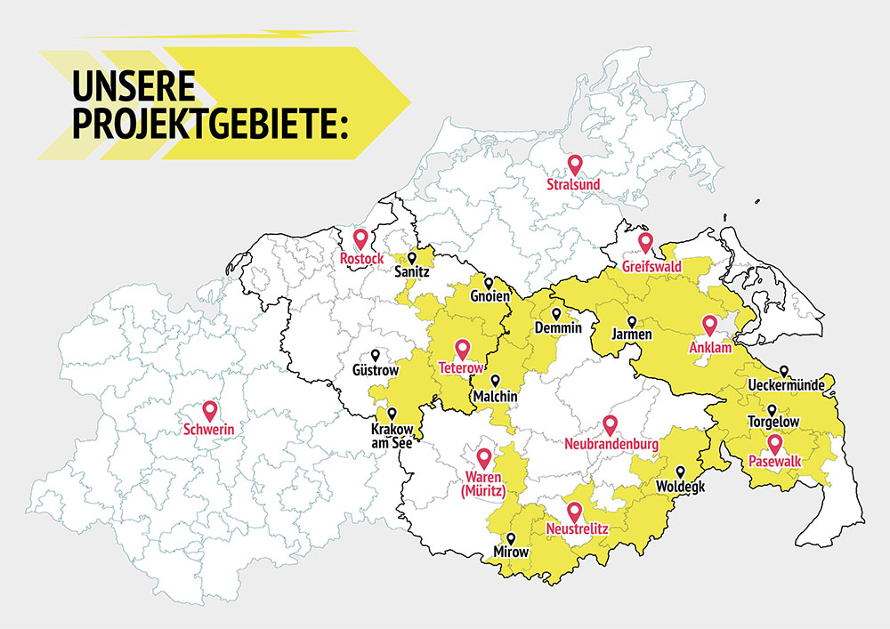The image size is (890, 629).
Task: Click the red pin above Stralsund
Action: (575, 164)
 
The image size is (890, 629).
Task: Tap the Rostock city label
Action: (361, 259)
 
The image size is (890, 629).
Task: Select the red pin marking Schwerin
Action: (210, 410)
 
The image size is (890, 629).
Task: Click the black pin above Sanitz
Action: (411, 257)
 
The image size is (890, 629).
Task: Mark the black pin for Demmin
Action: (556, 314)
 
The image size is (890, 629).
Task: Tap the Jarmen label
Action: (632, 335)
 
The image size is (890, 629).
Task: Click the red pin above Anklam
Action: (709, 325)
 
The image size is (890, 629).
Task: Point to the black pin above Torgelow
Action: (772, 409)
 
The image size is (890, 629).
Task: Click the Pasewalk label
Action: (774, 463)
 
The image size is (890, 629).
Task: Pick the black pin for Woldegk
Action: (680, 472)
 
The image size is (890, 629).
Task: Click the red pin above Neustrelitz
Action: (575, 512)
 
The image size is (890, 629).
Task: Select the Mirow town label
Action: (511, 552)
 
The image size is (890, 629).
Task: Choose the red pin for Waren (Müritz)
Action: (484, 457)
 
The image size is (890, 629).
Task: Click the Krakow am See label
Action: (392, 436)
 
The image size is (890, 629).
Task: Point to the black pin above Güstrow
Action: (376, 354)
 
